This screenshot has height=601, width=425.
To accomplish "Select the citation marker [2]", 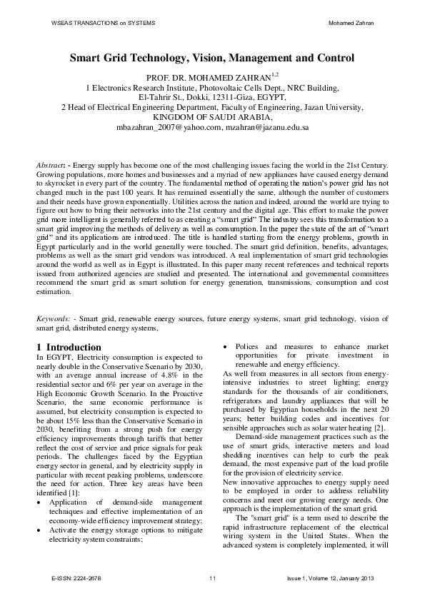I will pos(383,427).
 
